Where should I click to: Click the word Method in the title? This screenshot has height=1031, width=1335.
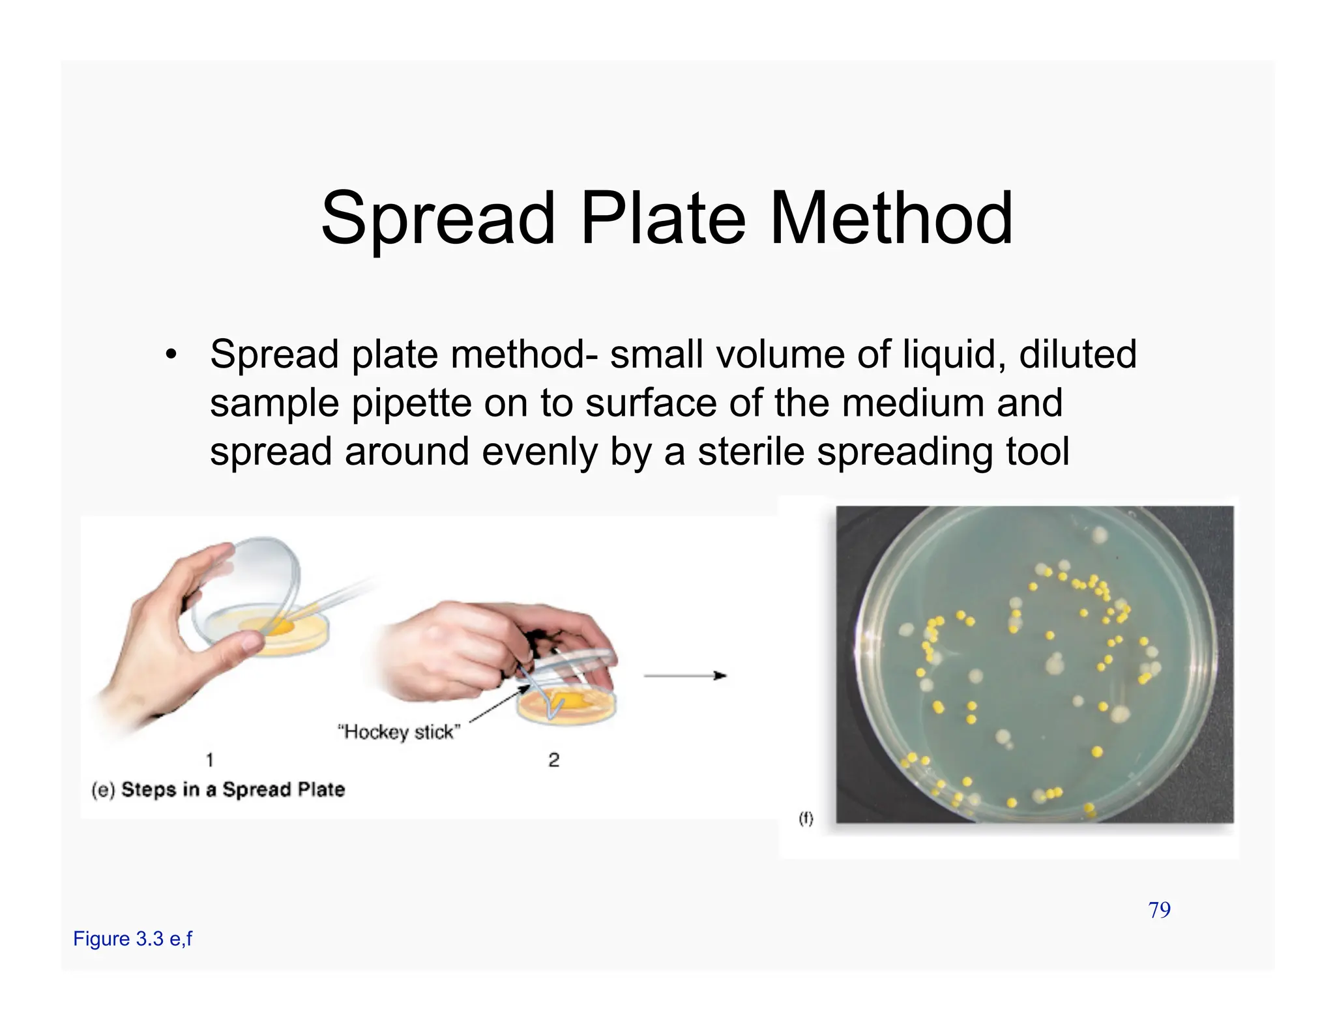click(x=891, y=218)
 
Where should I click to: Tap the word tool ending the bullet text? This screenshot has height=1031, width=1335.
click(x=1037, y=452)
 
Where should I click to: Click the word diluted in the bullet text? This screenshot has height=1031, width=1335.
click(x=1078, y=355)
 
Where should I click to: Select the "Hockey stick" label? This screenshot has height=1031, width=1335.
click(x=398, y=733)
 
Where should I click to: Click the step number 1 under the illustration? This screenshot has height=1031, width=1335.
click(x=209, y=760)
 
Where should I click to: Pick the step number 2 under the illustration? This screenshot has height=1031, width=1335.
click(x=553, y=760)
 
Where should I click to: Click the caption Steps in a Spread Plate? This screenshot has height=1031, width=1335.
click(x=233, y=790)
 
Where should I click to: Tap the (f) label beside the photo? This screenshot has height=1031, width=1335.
click(x=806, y=819)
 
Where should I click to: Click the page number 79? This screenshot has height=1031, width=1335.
click(x=1159, y=910)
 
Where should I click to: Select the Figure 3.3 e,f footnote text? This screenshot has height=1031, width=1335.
click(x=132, y=939)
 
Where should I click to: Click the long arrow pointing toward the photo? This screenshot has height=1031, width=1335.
click(x=684, y=676)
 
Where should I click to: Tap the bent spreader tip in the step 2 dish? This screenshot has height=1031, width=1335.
click(x=555, y=707)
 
